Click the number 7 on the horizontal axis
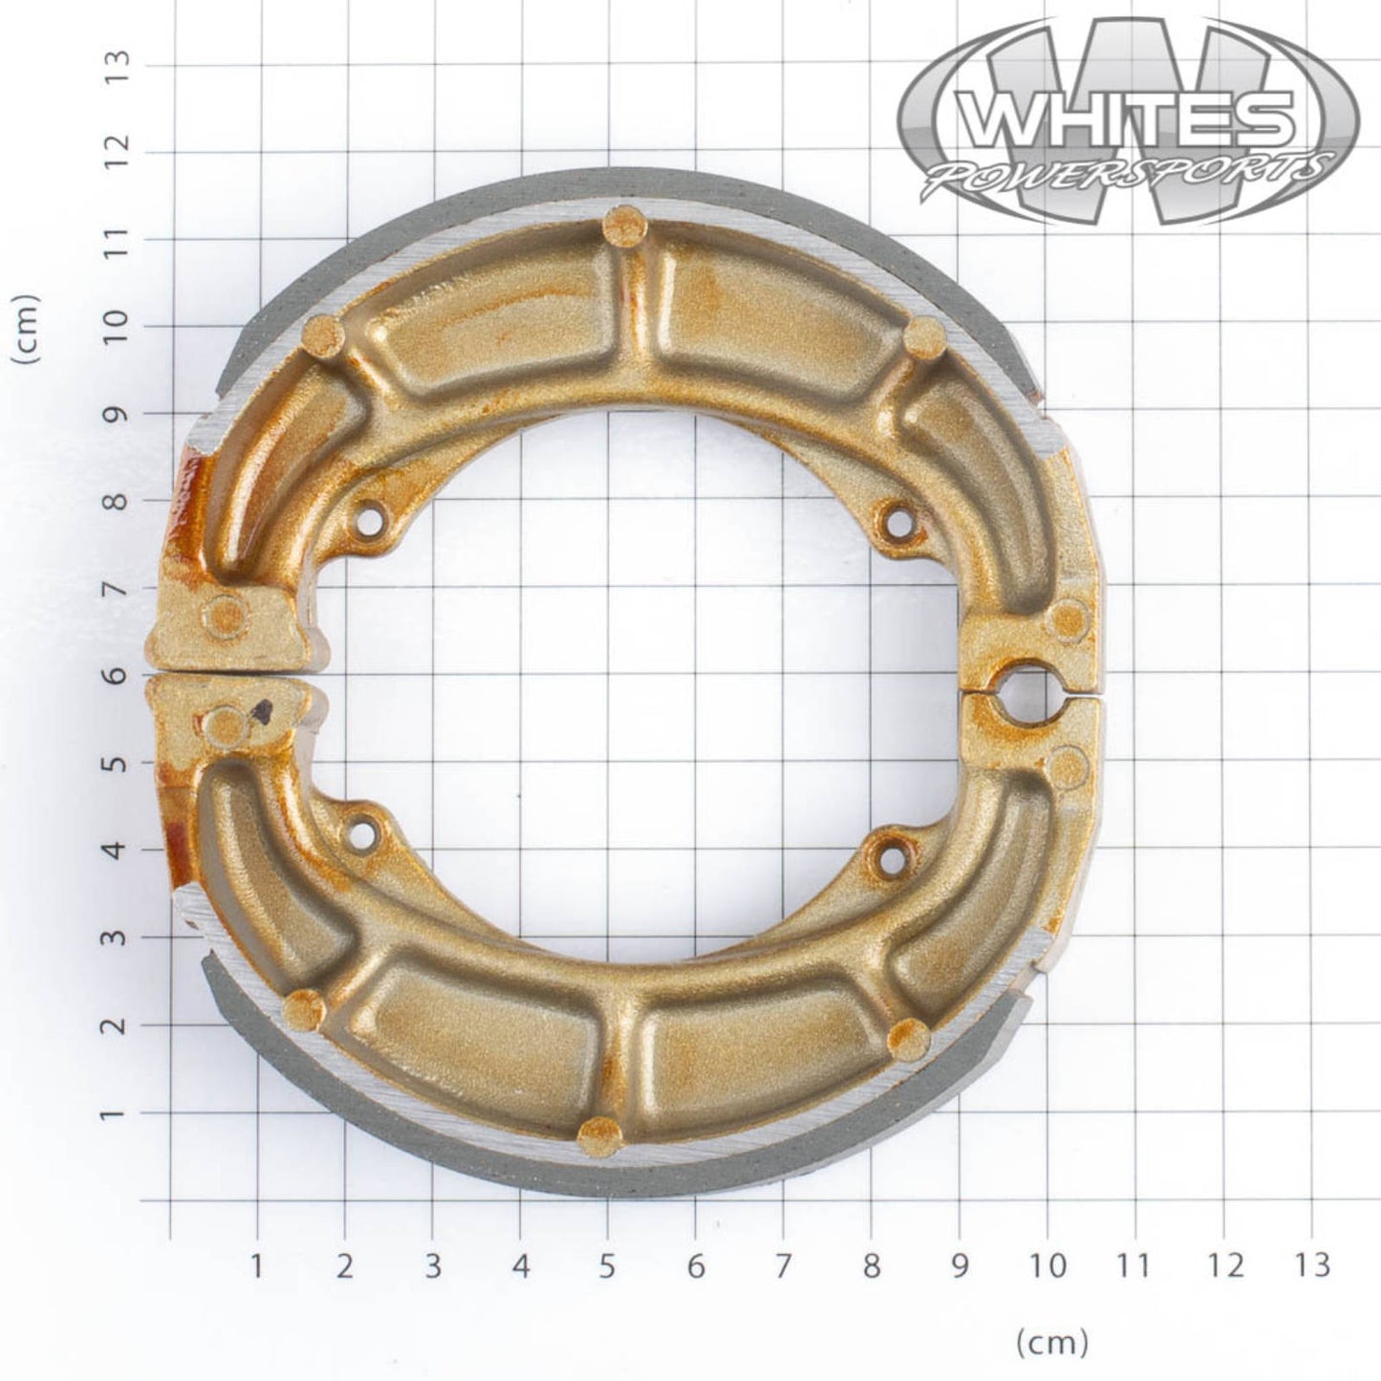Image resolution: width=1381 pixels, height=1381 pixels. click(784, 1266)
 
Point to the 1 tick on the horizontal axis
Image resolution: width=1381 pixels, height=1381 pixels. click(256, 1266)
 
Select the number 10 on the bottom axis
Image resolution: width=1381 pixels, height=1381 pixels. click(1048, 1266)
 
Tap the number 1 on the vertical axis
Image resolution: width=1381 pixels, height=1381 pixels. click(119, 1113)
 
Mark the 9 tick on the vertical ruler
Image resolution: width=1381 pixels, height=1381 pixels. click(119, 414)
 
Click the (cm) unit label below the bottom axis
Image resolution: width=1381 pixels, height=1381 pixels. click(1051, 1343)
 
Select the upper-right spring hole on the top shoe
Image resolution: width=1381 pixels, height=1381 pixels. click(897, 521)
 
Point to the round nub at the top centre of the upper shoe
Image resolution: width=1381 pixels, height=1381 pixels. click(622, 225)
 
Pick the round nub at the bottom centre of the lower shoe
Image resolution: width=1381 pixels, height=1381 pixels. click(599, 1134)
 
